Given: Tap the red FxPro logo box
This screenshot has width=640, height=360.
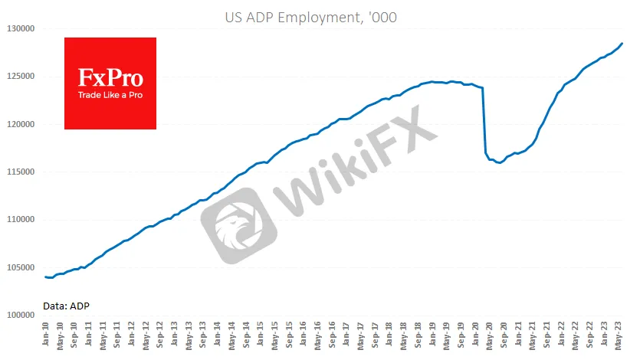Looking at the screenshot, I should (x=110, y=83).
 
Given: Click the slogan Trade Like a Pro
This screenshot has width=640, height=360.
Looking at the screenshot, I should (x=110, y=96).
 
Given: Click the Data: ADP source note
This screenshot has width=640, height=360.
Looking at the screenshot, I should (x=67, y=306).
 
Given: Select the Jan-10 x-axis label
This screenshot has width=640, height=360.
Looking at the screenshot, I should (x=48, y=337).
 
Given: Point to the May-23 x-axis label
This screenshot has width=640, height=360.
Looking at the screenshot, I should (x=620, y=337).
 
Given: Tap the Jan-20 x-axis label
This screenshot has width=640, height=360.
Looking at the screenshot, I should (x=477, y=337).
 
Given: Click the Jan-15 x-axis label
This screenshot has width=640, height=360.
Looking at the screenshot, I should (x=262, y=337).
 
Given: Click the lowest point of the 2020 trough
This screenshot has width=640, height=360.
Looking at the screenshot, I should (x=500, y=163).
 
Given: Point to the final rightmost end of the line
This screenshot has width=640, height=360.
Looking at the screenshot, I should (x=622, y=43).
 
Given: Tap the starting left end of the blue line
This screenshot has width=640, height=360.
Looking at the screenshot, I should (x=45, y=277).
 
